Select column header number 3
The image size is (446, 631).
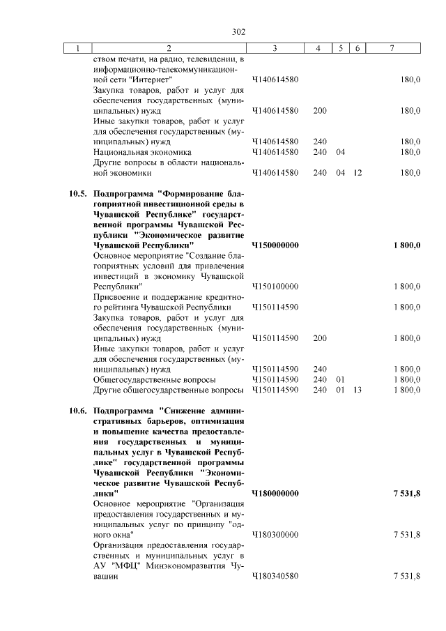[x=275, y=48]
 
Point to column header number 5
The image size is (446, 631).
[x=341, y=48]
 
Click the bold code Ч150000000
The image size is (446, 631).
[x=275, y=245]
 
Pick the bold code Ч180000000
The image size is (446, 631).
[x=275, y=494]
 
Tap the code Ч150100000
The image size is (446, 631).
[x=275, y=286]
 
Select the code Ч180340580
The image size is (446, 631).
[x=275, y=576]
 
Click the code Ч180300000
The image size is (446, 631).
[x=275, y=535]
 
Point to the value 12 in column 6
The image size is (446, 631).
[x=357, y=172]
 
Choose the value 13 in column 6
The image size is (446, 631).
[x=357, y=390]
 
